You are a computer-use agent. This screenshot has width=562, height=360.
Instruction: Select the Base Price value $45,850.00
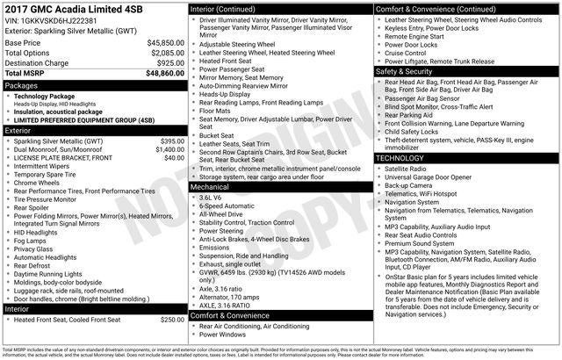pyautogui.click(x=164, y=42)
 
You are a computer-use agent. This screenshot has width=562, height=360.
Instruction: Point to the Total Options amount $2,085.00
pyautogui.click(x=166, y=53)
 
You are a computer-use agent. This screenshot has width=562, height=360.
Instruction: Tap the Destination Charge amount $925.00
pyautogui.click(x=169, y=64)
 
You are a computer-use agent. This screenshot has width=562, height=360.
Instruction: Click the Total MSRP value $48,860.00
pyautogui.click(x=158, y=75)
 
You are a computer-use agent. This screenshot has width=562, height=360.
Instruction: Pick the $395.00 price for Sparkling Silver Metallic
pyautogui.click(x=171, y=140)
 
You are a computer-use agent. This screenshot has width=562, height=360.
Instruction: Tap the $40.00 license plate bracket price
pyautogui.click(x=174, y=157)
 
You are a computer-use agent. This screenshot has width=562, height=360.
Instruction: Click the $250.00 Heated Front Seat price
pyautogui.click(x=171, y=319)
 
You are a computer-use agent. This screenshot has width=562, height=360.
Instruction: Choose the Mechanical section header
pyautogui.click(x=210, y=187)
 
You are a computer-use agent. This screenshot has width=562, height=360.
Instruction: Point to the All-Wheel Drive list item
pyautogui.click(x=221, y=212)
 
